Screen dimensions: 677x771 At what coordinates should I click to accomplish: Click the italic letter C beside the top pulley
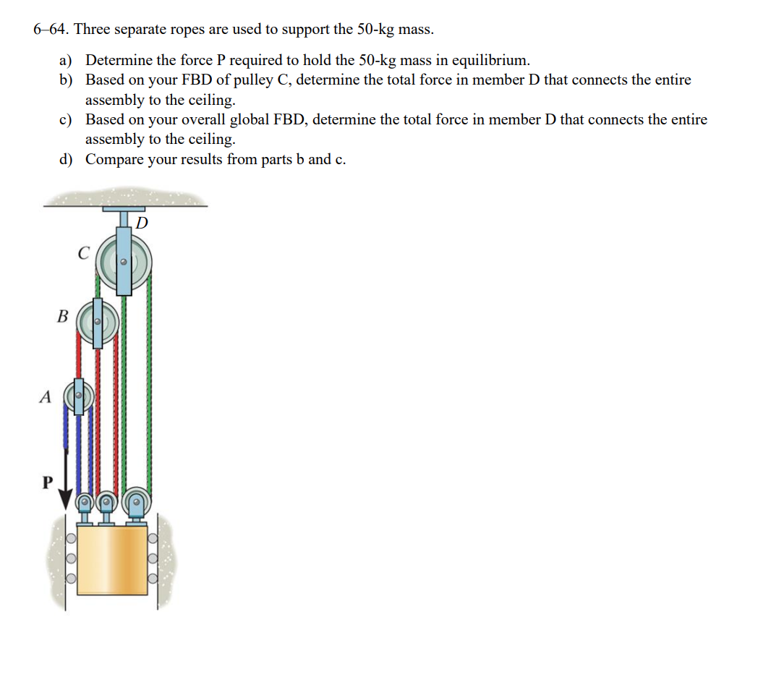83,254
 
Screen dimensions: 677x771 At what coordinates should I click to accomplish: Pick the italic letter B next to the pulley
63,317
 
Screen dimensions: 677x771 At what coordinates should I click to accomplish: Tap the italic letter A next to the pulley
46,396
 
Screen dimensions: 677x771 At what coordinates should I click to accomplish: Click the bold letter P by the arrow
47,482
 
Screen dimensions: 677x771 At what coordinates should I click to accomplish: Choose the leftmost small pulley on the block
85,501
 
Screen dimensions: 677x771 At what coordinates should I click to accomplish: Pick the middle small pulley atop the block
106,500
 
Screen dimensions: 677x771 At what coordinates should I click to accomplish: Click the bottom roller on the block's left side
71,579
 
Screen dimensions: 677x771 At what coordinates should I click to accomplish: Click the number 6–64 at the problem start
51,30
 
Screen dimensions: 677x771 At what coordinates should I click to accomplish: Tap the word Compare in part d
114,159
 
